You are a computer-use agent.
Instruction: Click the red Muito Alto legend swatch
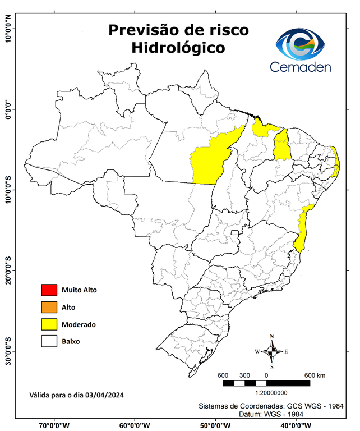click(x=49, y=290)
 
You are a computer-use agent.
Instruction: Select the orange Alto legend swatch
click(x=49, y=307)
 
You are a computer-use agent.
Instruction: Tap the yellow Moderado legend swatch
click(x=49, y=324)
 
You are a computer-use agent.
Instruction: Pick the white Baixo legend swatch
click(x=49, y=341)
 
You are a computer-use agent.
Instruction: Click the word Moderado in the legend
click(x=79, y=324)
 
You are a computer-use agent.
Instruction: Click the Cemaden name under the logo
click(x=301, y=67)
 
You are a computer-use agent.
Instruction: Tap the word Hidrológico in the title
click(x=178, y=48)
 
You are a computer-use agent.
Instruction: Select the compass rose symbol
click(x=272, y=352)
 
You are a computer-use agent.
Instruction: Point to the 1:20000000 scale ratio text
click(x=271, y=393)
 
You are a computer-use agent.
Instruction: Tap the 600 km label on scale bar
click(x=315, y=375)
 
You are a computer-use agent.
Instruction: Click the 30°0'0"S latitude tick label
click(x=9, y=351)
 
